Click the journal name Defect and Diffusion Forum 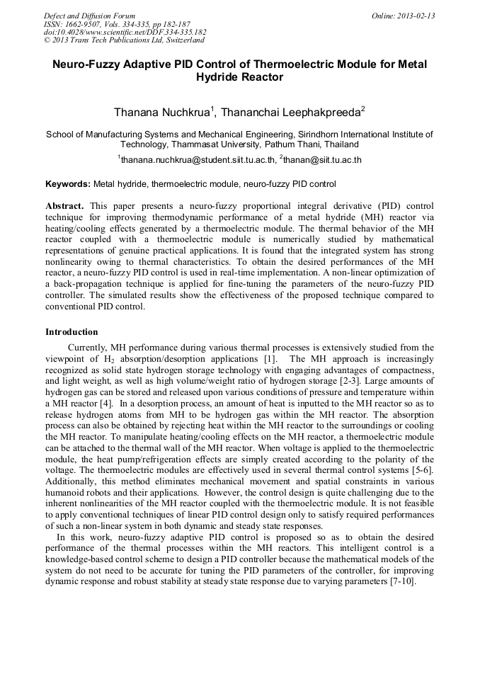89,16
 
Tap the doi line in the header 125,33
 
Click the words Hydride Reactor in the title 239,77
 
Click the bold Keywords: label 68,184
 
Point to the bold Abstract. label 65,205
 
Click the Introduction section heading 72,331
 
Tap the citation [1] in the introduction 270,359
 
